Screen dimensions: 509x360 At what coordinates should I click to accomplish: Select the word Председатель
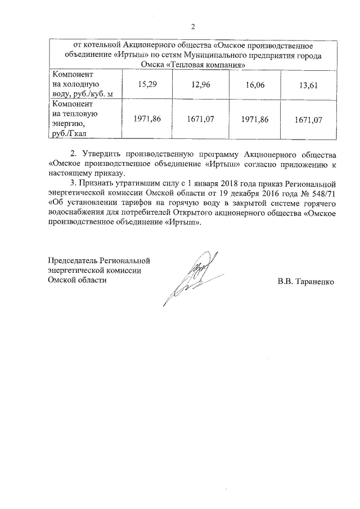pyautogui.click(x=72, y=260)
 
